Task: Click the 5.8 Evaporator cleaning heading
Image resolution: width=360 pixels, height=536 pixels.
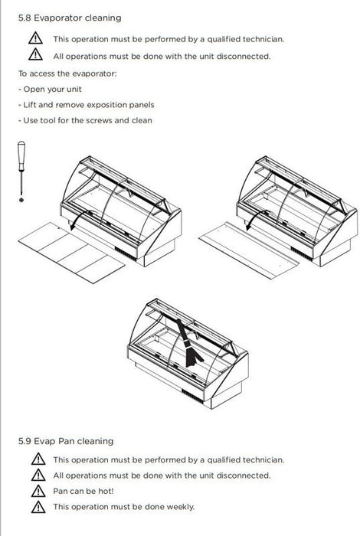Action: (70, 18)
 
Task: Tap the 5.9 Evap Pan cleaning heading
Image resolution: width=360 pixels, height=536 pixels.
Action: (66, 441)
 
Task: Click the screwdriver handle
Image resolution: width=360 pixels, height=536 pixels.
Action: (21, 156)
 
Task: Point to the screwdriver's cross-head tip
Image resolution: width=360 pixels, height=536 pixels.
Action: (21, 200)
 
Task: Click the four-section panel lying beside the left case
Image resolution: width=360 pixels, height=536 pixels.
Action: (71, 252)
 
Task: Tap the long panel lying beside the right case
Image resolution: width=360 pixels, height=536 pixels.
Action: (248, 250)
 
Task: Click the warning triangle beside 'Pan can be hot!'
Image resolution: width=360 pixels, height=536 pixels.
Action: (38, 491)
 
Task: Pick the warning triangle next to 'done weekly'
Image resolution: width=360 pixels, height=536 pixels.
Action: (38, 507)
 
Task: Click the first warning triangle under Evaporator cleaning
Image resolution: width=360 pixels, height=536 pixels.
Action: (35, 38)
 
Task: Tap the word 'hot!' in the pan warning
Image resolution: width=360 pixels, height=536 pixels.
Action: (106, 491)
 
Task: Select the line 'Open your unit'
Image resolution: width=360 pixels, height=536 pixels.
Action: (50, 90)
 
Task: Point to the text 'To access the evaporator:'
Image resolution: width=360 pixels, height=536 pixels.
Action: (67, 74)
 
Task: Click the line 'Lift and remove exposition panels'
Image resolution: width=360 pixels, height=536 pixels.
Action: (86, 105)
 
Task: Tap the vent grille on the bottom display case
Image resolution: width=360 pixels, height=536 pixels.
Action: (192, 397)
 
